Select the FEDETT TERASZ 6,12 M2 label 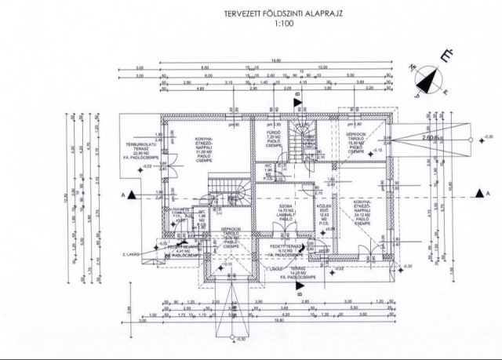coord(284,250)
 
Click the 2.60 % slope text coord(428,138)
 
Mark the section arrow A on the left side coord(131,193)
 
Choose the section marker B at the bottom coord(298,287)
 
